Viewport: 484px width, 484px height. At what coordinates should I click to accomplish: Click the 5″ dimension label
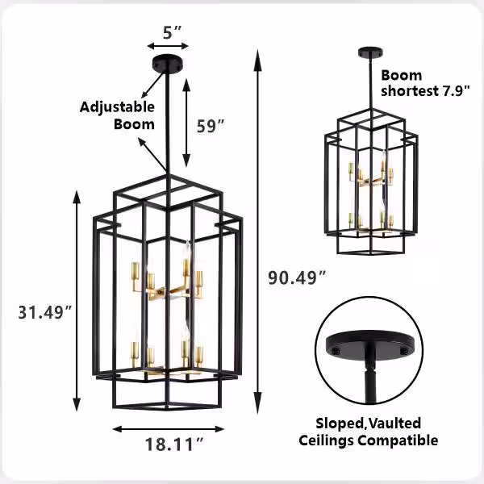[x=172, y=32]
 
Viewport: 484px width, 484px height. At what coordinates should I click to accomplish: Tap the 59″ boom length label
[x=211, y=126]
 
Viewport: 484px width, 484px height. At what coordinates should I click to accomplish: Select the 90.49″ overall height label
[x=297, y=277]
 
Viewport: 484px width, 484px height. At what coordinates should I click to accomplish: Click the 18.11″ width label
[x=174, y=444]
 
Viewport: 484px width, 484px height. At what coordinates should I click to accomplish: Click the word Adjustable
[x=117, y=107]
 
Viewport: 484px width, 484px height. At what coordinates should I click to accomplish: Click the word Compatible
[x=398, y=440]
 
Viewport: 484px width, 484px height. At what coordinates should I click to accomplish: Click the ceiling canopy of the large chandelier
[x=167, y=63]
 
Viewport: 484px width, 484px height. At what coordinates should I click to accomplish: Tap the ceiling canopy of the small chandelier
[x=371, y=52]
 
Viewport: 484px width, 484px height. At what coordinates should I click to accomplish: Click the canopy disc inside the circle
[x=370, y=344]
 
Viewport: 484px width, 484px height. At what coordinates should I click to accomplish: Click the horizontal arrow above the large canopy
[x=168, y=46]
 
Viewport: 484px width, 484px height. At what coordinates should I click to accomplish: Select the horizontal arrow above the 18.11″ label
[x=169, y=429]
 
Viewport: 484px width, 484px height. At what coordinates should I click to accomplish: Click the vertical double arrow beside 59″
[x=186, y=123]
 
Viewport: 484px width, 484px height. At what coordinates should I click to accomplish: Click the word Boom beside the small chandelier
[x=401, y=75]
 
